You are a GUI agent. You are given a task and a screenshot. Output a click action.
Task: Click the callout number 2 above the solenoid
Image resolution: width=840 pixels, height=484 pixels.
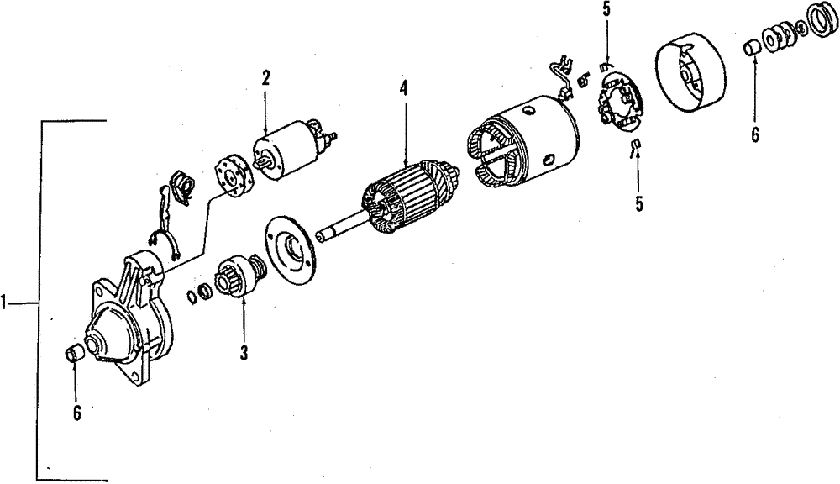[265, 79]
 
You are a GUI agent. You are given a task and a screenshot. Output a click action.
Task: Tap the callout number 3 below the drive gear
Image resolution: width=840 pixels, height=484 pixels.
[244, 353]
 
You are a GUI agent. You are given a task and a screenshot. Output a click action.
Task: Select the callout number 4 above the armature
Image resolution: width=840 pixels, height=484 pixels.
[403, 88]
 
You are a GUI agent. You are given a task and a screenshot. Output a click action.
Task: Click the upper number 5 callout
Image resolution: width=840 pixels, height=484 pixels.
[606, 12]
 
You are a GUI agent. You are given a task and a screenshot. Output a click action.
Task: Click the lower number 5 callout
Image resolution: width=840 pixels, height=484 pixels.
[639, 203]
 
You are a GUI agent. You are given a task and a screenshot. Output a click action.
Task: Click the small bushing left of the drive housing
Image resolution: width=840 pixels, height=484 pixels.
[75, 353]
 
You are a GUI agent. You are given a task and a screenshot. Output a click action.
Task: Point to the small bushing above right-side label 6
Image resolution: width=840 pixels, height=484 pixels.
[752, 48]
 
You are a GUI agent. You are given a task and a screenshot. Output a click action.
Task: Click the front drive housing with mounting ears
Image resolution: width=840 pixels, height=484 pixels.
[130, 315]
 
